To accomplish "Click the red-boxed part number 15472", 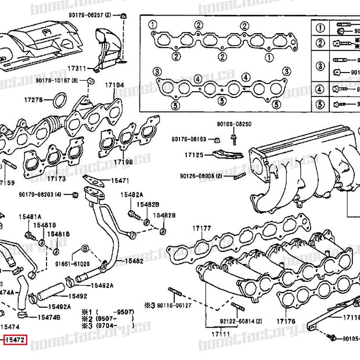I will [15, 339].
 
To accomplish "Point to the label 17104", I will [114, 85].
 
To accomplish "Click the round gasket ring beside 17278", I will [59, 103].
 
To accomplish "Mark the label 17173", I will [56, 178].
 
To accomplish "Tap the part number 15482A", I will [131, 195].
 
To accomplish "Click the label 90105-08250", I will [234, 124].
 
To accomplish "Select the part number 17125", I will [194, 156].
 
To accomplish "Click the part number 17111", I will [220, 334].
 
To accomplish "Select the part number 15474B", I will [49, 317].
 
